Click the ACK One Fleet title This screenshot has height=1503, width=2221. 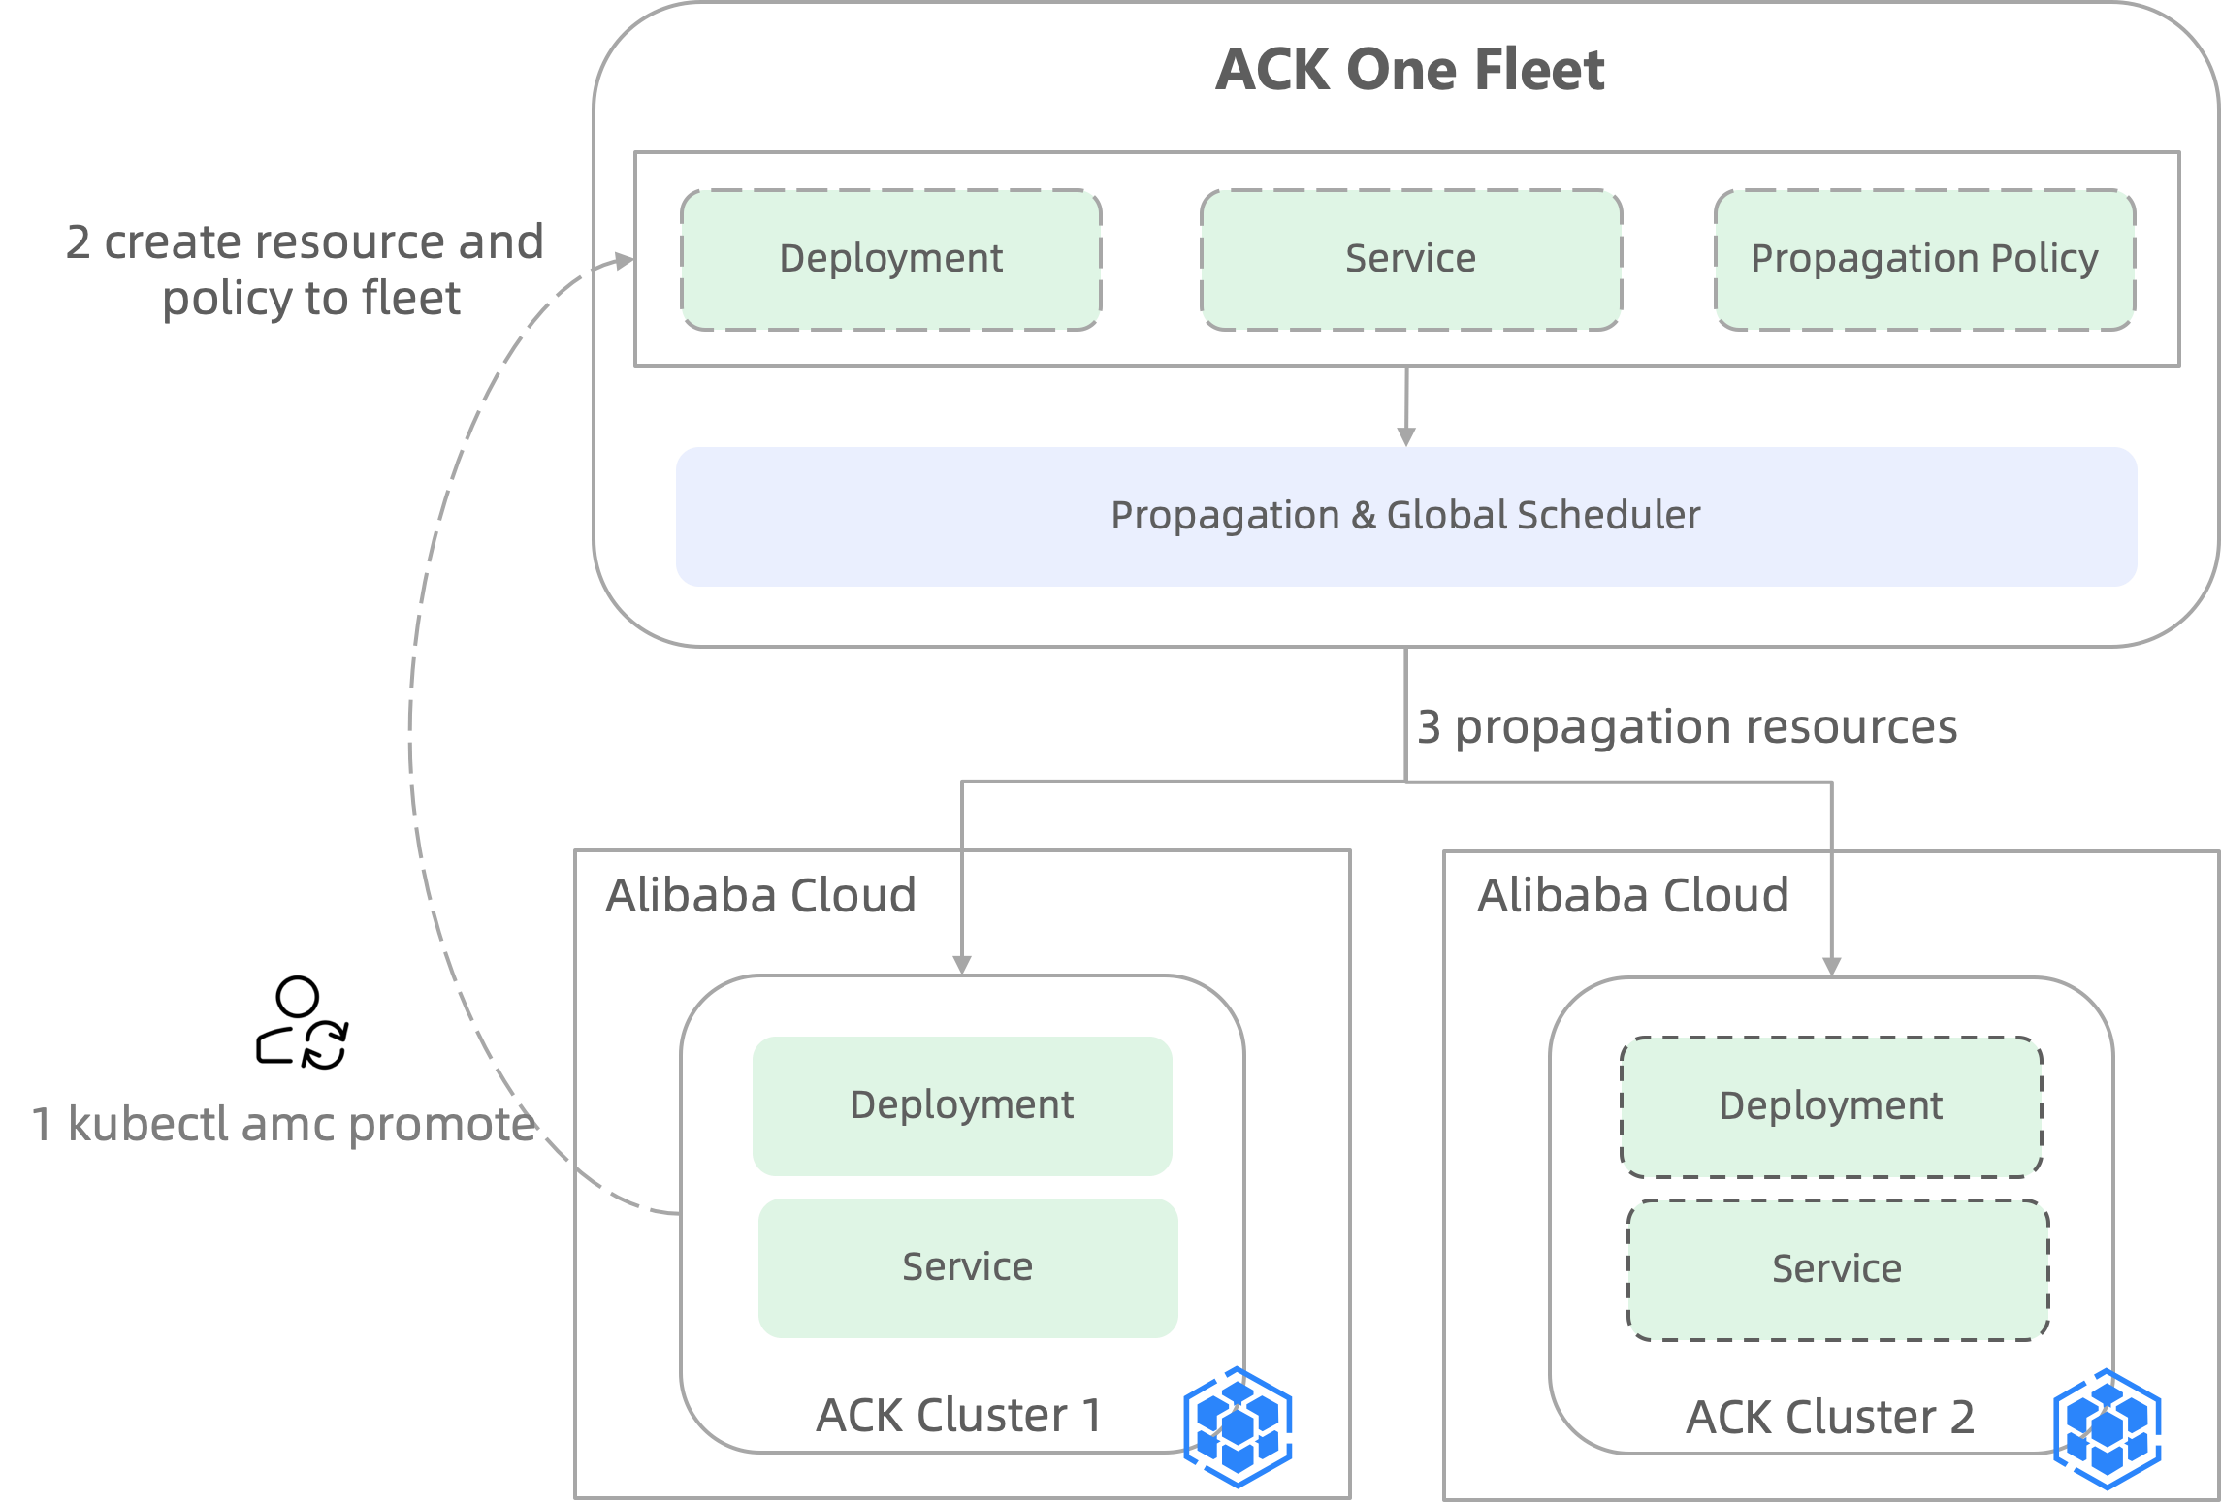pyautogui.click(x=1410, y=70)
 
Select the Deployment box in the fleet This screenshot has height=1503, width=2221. pyautogui.click(x=890, y=260)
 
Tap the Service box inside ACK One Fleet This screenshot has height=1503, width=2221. pyautogui.click(x=1410, y=260)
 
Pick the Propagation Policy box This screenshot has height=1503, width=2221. pyautogui.click(x=1924, y=260)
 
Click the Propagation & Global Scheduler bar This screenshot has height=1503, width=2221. pyautogui.click(x=1405, y=516)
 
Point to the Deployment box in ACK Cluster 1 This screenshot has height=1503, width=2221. pyautogui.click(x=962, y=1105)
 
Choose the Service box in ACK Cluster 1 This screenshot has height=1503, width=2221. pyautogui.click(x=968, y=1267)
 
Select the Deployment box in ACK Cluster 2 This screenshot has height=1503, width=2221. pyautogui.click(x=1831, y=1106)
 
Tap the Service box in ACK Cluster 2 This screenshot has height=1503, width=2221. pyautogui.click(x=1837, y=1269)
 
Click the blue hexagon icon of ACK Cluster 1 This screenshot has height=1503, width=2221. pyautogui.click(x=1238, y=1426)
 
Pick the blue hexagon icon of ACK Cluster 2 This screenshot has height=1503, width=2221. pyautogui.click(x=2108, y=1428)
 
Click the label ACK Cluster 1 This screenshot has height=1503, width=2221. pyautogui.click(x=958, y=1416)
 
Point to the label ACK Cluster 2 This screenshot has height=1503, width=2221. pyautogui.click(x=1830, y=1418)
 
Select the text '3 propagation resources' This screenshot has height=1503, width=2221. pyautogui.click(x=1687, y=727)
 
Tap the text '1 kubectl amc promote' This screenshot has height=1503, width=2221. pyautogui.click(x=283, y=1125)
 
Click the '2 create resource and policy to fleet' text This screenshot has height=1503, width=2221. pyautogui.click(x=306, y=270)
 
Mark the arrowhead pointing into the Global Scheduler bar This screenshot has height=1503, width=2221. pyautogui.click(x=1406, y=436)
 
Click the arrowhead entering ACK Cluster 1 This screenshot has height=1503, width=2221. pyautogui.click(x=962, y=964)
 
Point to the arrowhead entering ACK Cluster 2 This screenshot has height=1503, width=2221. pyautogui.click(x=1831, y=966)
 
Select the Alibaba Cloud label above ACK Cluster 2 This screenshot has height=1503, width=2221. pyautogui.click(x=1633, y=895)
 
